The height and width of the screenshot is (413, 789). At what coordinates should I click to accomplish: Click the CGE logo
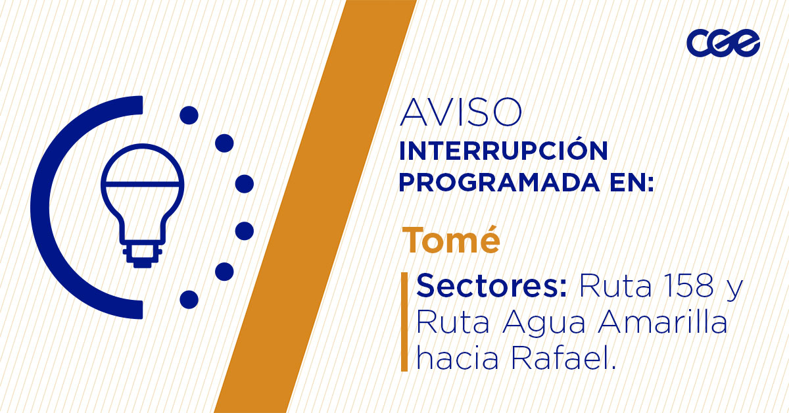click(723, 43)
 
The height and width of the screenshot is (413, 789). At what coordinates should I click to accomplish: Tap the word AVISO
click(461, 112)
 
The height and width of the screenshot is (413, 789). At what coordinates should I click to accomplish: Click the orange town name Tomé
click(451, 239)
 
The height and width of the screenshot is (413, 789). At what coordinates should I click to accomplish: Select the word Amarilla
click(663, 322)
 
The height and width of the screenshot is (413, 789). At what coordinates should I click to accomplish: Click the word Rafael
click(564, 357)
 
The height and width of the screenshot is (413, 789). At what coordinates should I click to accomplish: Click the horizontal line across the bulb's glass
click(142, 184)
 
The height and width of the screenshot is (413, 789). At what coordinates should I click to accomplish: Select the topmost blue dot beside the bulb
click(189, 115)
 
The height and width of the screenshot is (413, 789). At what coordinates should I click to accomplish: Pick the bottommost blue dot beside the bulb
click(189, 300)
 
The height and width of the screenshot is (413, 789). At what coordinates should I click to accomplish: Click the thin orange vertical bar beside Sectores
click(404, 322)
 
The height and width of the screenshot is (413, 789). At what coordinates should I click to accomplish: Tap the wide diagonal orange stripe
click(315, 206)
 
